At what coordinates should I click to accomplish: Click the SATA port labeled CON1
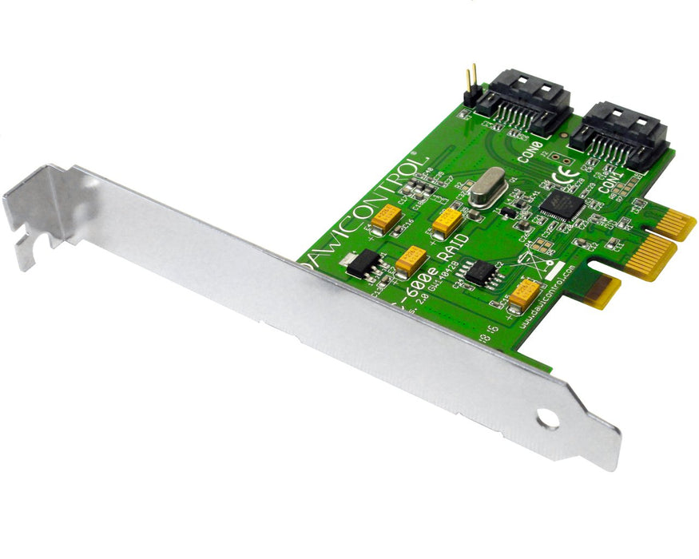pyautogui.click(x=620, y=134)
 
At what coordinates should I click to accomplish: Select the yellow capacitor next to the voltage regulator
pyautogui.click(x=411, y=259)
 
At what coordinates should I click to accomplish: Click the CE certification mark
pyautogui.click(x=566, y=174)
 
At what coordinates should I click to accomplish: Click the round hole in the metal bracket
pyautogui.click(x=548, y=418)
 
